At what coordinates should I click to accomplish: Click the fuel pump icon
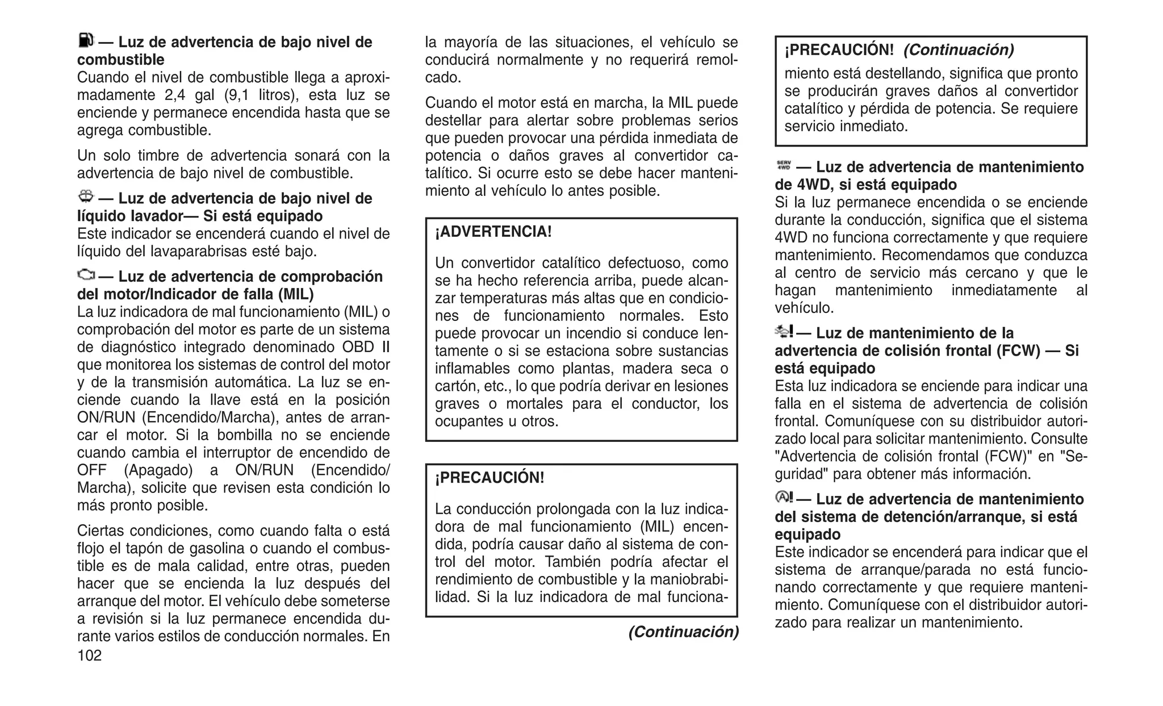pyautogui.click(x=85, y=40)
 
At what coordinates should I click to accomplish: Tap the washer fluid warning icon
pyautogui.click(x=86, y=197)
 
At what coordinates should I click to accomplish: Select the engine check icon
pyautogui.click(x=86, y=275)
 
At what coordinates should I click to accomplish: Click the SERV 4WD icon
pyautogui.click(x=784, y=165)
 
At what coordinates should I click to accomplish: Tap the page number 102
pyautogui.click(x=89, y=656)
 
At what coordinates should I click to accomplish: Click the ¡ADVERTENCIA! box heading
pyautogui.click(x=493, y=232)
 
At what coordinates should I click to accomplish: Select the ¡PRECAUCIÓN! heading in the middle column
pyautogui.click(x=490, y=478)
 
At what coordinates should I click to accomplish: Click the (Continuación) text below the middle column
pyautogui.click(x=683, y=632)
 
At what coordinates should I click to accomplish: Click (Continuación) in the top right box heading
pyautogui.click(x=958, y=50)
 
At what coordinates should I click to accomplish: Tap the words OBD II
pyautogui.click(x=366, y=347)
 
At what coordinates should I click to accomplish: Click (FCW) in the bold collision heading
pyautogui.click(x=1018, y=350)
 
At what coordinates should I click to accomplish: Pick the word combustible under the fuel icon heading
pyautogui.click(x=120, y=60)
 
